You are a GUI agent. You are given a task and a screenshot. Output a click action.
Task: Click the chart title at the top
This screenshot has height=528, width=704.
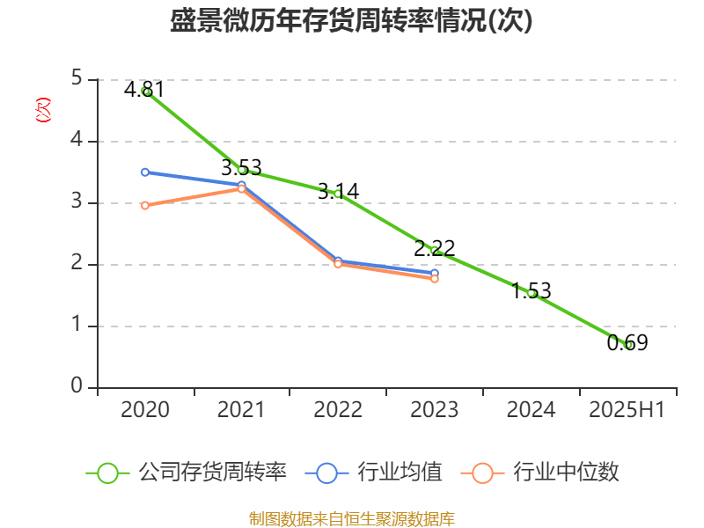click(x=351, y=21)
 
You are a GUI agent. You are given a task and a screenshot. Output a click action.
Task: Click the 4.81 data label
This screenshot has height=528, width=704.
click(x=144, y=89)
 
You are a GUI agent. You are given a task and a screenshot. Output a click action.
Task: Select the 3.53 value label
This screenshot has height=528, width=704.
click(x=241, y=167)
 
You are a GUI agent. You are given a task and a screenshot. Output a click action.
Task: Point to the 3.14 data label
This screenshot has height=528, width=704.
click(x=338, y=191)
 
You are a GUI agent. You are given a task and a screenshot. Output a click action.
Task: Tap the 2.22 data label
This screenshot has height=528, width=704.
click(x=435, y=248)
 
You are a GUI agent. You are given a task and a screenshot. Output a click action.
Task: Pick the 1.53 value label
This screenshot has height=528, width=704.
click(x=532, y=290)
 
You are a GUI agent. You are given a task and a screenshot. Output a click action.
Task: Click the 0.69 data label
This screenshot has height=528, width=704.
click(x=627, y=343)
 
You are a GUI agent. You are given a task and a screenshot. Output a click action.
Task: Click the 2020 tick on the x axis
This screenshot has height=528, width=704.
click(x=145, y=410)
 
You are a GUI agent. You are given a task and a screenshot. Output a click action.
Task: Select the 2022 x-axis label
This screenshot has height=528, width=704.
click(x=338, y=410)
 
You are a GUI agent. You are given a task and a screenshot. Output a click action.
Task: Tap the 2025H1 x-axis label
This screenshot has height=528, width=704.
click(x=627, y=410)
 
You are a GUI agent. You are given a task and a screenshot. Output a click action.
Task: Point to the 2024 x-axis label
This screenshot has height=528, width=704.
click(x=532, y=410)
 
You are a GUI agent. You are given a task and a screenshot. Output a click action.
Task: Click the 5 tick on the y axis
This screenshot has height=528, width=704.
click(x=77, y=79)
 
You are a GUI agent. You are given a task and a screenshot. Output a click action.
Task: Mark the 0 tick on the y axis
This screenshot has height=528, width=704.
click(x=77, y=387)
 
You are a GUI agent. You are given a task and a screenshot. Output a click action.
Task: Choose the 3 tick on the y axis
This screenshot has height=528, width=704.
click(x=77, y=202)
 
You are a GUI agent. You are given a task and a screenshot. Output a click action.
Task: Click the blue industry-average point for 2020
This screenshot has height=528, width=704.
click(x=145, y=172)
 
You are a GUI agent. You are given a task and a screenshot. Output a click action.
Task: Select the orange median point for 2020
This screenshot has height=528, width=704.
click(x=145, y=205)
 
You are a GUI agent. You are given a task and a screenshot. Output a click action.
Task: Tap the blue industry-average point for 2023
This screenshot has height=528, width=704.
click(x=435, y=273)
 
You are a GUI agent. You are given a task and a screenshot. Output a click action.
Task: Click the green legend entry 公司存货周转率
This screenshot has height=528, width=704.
click(x=187, y=473)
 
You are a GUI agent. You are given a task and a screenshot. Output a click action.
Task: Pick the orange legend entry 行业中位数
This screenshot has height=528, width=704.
click(x=540, y=473)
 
